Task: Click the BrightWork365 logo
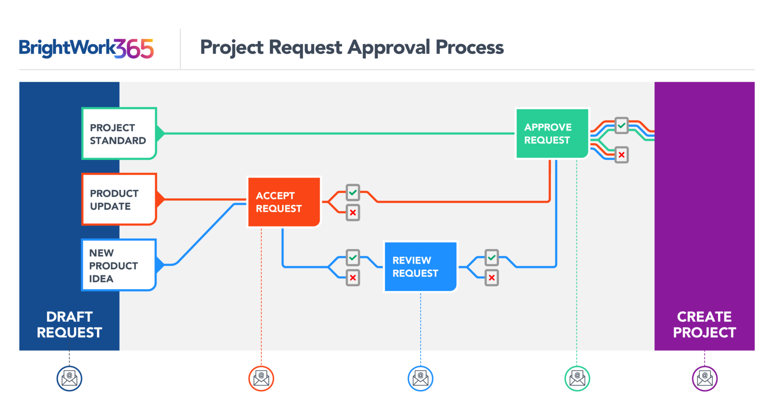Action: (x=86, y=49)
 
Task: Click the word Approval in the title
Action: (x=389, y=48)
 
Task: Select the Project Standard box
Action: (x=119, y=133)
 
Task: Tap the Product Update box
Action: (x=119, y=199)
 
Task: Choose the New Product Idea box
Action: (x=118, y=265)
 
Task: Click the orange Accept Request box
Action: (x=284, y=202)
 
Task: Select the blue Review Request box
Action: (x=420, y=267)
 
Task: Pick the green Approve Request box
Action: (x=552, y=133)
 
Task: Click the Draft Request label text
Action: (x=69, y=324)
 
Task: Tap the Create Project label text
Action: (x=704, y=324)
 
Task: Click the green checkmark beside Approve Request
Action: (x=621, y=125)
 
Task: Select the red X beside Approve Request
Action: (x=621, y=155)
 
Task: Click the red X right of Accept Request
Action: (x=353, y=213)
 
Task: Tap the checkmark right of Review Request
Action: (x=491, y=258)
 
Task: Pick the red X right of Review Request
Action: (x=491, y=278)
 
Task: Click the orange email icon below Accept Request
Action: (x=261, y=378)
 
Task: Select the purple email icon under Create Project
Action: (x=704, y=378)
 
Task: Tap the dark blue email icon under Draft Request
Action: (x=69, y=378)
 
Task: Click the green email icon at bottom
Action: (x=577, y=378)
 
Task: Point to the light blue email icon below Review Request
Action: (x=420, y=378)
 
